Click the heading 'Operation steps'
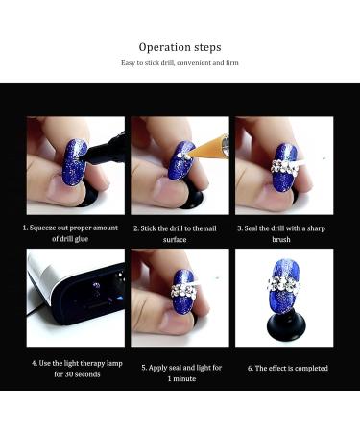[180, 47]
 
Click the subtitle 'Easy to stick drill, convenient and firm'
[180, 63]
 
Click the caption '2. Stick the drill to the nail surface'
[179, 233]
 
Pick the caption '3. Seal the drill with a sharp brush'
[284, 233]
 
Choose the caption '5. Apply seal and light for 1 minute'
[180, 372]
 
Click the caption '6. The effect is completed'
[284, 367]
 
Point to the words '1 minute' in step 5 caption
[180, 379]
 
